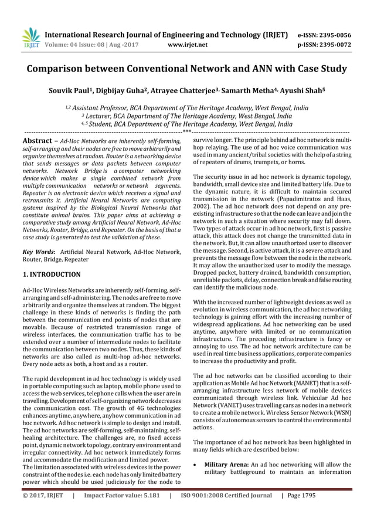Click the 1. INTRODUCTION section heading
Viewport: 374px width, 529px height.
(52, 274)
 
